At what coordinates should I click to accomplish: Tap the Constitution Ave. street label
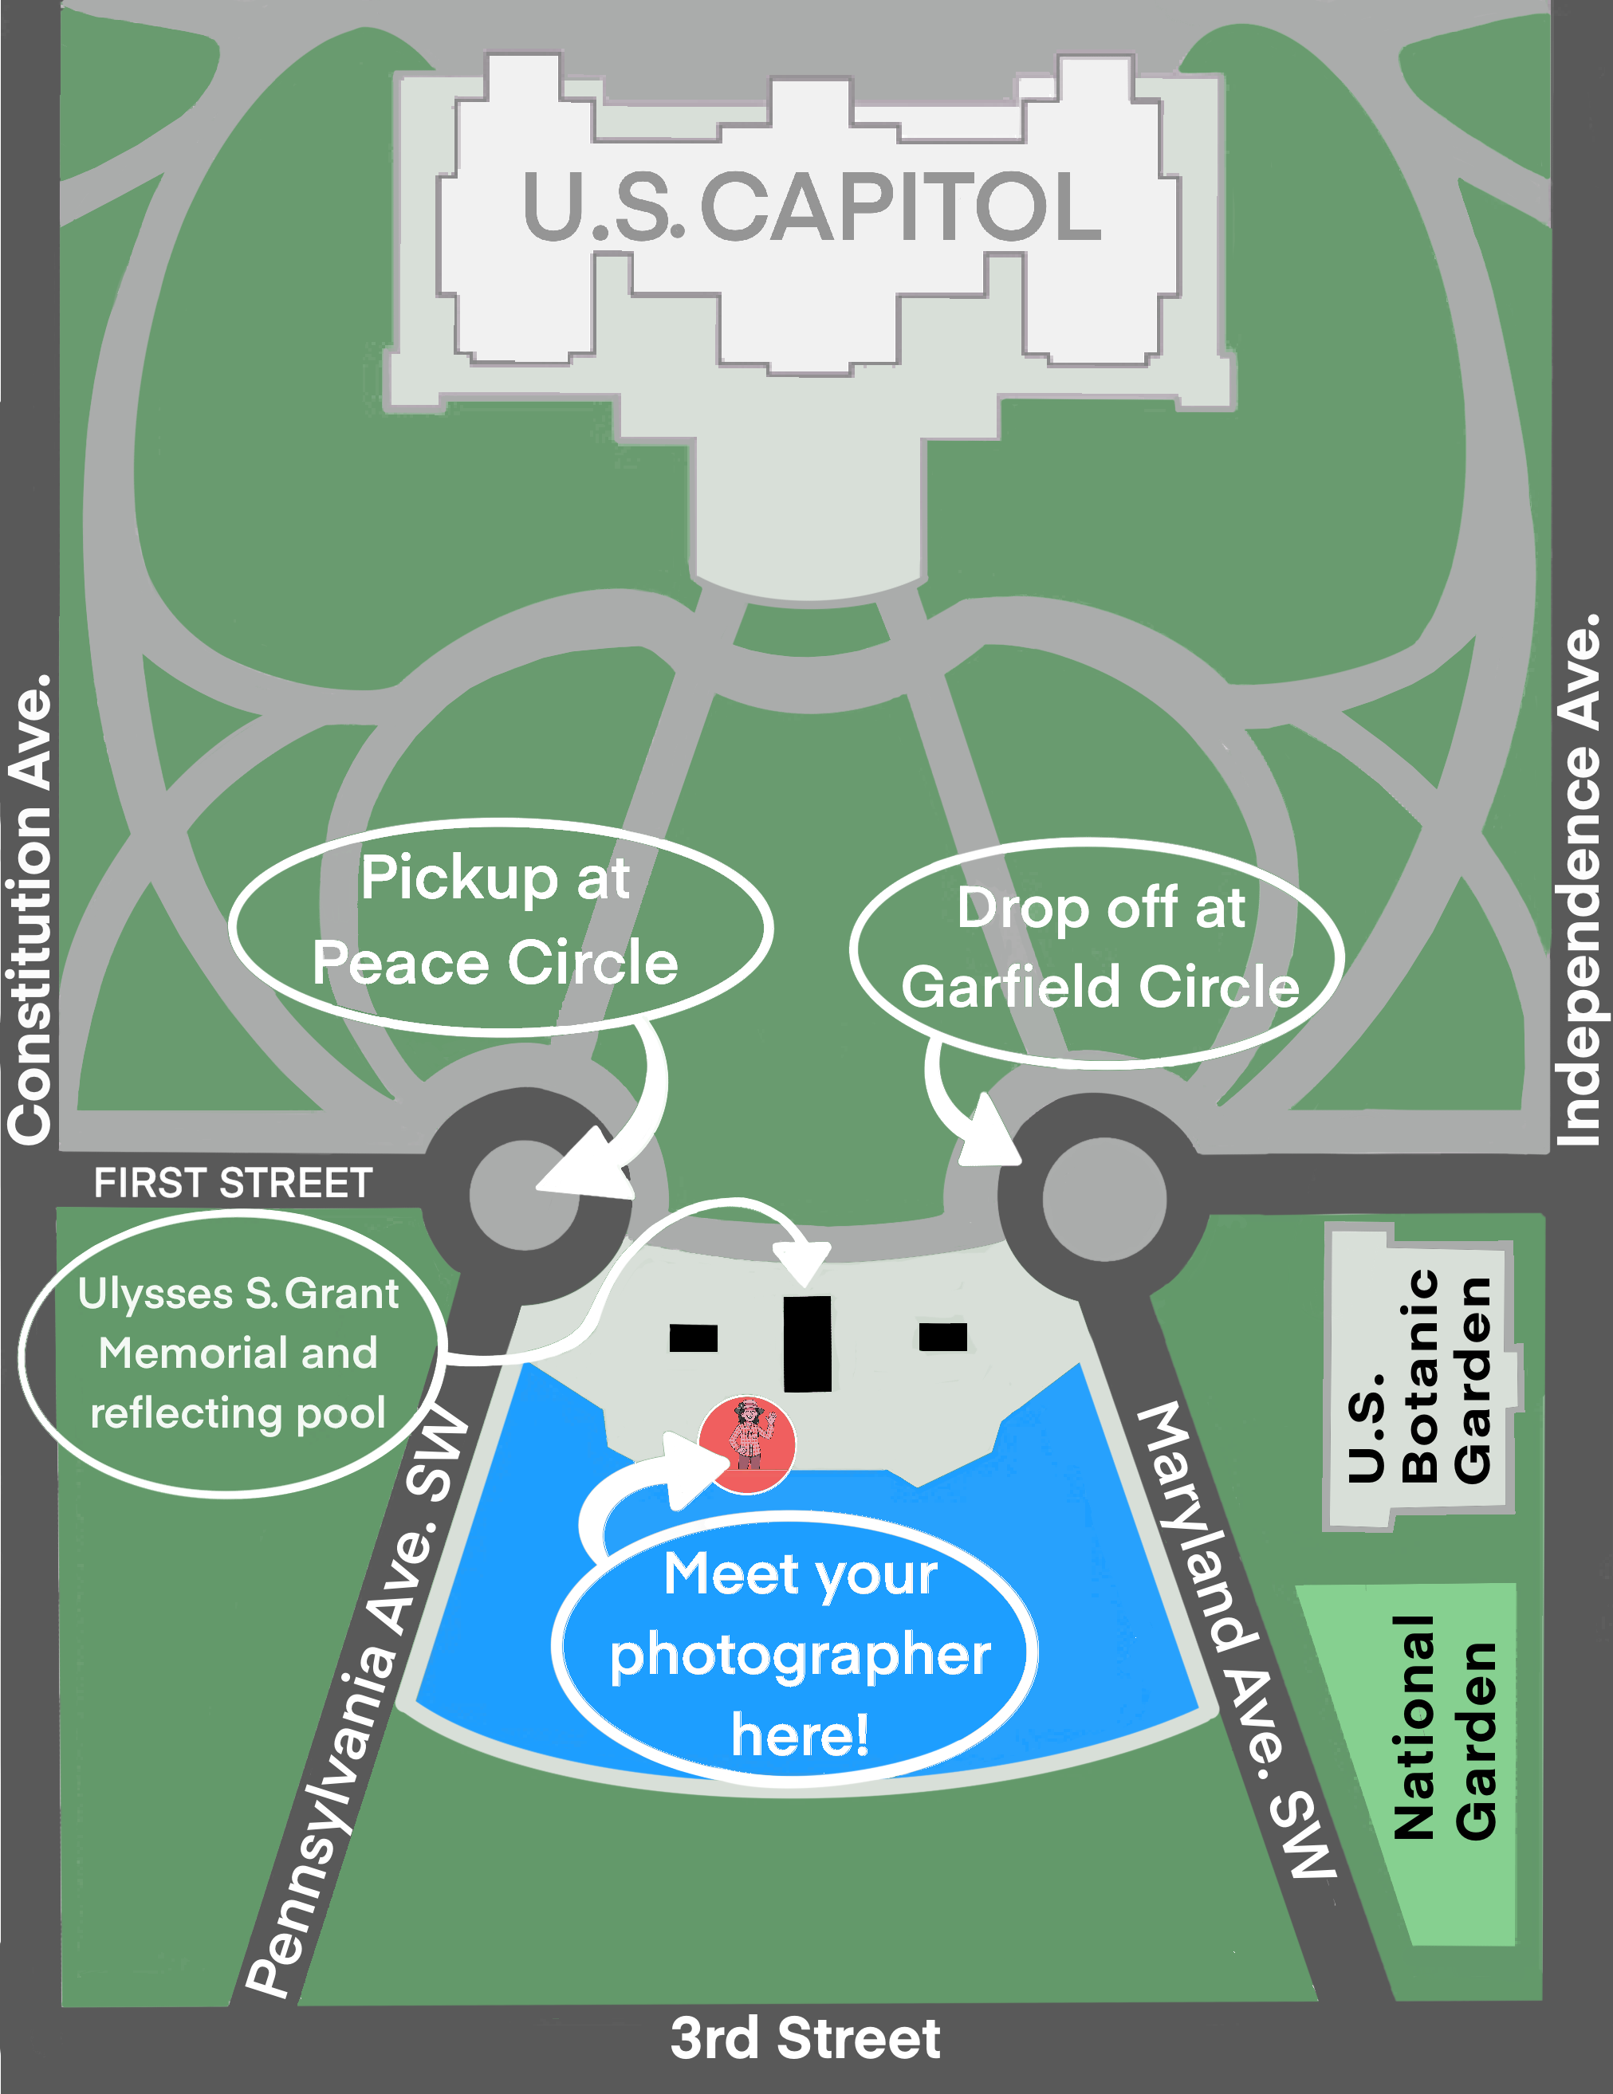pos(30,909)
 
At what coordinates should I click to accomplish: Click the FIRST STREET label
pos(232,1183)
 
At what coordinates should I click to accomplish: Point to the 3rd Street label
pos(805,2038)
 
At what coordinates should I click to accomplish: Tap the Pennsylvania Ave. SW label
pos(356,1702)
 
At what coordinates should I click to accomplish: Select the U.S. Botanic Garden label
pos(1419,1376)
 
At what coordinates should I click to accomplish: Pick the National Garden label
pos(1444,1726)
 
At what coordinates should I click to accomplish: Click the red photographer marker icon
pos(747,1444)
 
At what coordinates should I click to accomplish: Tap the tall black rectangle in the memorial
pos(808,1343)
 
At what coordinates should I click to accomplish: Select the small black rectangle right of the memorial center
pos(942,1336)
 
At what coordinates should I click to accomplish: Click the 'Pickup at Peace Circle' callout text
pos(496,921)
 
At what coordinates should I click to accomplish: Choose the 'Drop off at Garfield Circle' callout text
pos(1100,947)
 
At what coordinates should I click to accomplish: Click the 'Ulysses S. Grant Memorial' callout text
pos(238,1353)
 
